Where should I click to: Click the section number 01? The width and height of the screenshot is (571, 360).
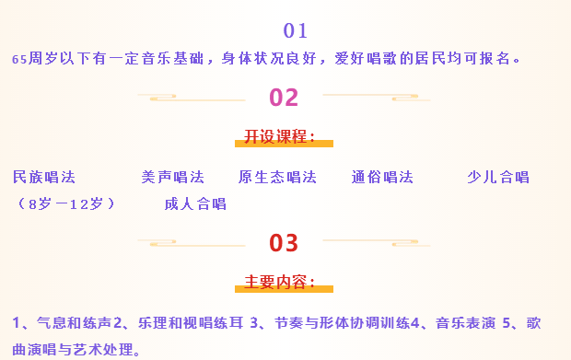(x=295, y=30)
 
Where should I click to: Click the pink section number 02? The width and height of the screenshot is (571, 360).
(x=284, y=97)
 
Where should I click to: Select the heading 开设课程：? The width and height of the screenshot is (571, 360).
(x=280, y=137)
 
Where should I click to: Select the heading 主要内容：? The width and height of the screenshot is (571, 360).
(x=280, y=282)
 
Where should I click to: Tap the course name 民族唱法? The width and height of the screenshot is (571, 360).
(x=44, y=177)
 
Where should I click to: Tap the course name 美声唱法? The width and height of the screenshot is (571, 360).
(x=172, y=177)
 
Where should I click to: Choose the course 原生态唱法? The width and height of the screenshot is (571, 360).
(x=277, y=177)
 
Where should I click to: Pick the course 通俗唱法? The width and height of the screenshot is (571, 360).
(x=382, y=177)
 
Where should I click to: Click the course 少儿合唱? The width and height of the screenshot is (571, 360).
(x=498, y=177)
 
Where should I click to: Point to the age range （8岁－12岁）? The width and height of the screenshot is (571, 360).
(x=66, y=203)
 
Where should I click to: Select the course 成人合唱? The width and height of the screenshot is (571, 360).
(x=195, y=203)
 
